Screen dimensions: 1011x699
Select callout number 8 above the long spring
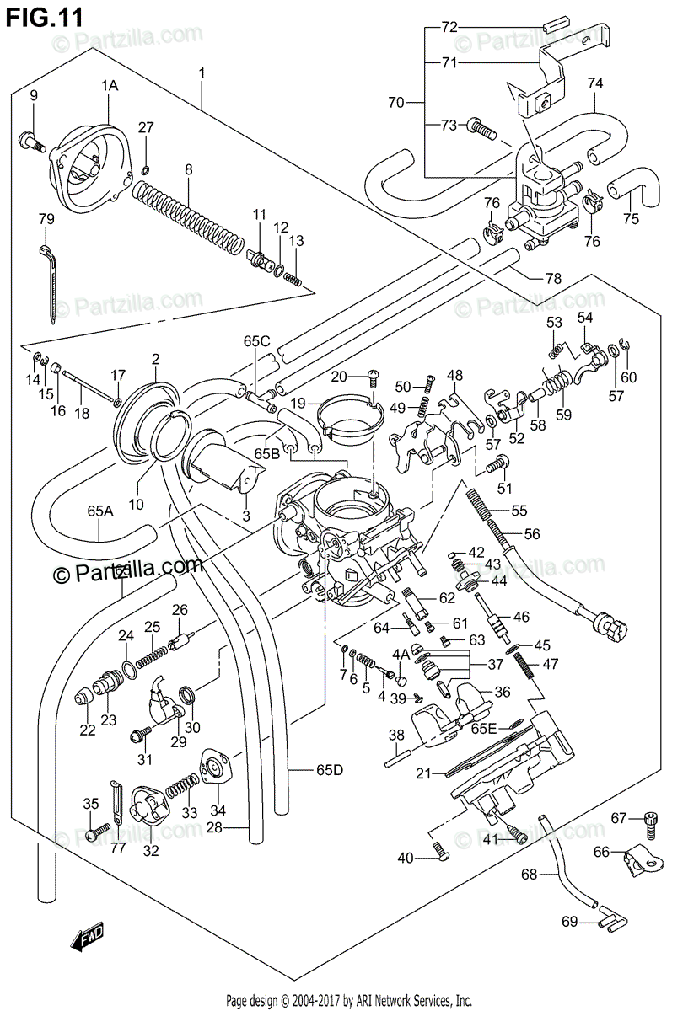click(188, 169)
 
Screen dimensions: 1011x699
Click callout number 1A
click(110, 85)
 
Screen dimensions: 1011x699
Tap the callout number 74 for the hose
click(595, 83)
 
